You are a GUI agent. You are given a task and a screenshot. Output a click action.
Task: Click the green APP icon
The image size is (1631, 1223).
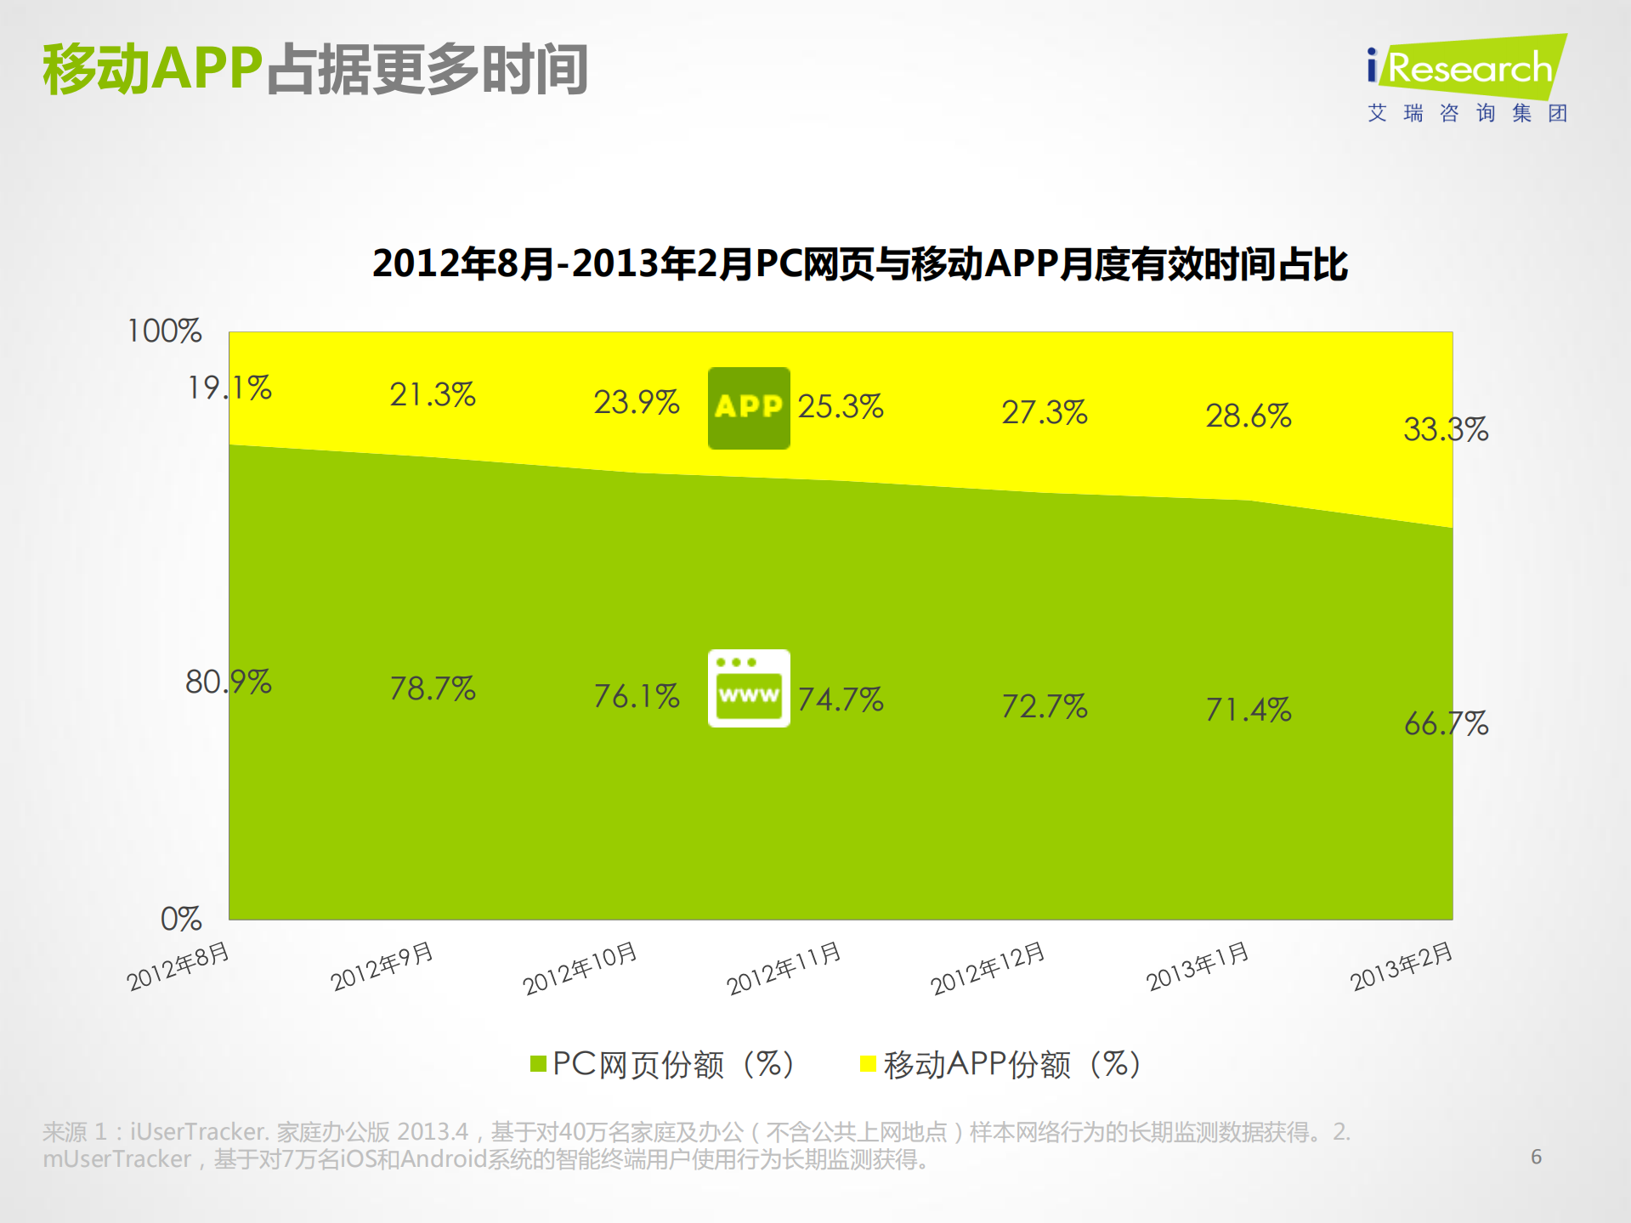[749, 408]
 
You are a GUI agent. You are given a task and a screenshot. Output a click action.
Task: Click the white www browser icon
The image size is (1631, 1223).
[749, 688]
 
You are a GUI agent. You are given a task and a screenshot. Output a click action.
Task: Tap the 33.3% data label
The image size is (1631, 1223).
[1446, 429]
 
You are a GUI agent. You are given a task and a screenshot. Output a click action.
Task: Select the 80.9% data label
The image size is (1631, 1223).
[228, 682]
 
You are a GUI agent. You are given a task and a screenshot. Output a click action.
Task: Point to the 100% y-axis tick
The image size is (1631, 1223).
[164, 331]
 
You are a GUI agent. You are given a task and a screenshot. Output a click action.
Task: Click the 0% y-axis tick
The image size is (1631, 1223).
[180, 919]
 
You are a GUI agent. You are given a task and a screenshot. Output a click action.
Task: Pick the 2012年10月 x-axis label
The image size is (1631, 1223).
[580, 968]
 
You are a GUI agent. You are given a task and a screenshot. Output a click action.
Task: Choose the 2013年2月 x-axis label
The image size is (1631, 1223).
[1401, 966]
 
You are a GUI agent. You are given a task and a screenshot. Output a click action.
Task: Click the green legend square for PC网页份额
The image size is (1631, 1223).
[538, 1064]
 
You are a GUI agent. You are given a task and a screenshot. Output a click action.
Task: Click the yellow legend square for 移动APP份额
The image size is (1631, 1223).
[868, 1064]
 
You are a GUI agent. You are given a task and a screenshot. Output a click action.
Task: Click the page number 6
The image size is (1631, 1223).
[1536, 1157]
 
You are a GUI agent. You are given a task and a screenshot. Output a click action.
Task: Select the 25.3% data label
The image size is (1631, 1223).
[841, 406]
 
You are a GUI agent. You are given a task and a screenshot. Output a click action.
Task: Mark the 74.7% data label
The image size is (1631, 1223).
[841, 699]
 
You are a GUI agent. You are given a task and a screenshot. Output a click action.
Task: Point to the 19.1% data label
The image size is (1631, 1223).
[229, 388]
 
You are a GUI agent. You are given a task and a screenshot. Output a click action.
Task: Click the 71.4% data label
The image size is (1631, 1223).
[1248, 709]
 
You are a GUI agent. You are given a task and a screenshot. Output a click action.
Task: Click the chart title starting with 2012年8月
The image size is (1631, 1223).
[859, 263]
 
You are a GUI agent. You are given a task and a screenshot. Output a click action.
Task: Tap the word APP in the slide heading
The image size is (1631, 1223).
[207, 68]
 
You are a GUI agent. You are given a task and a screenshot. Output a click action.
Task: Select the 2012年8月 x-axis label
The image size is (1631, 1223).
[178, 966]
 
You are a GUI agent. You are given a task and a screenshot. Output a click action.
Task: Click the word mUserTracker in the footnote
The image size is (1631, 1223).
[116, 1159]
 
